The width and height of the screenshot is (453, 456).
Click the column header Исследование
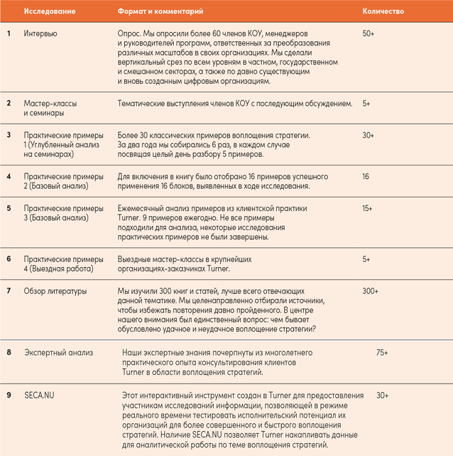click(47, 11)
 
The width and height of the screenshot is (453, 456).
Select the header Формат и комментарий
click(160, 11)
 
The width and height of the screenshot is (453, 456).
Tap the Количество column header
click(383, 11)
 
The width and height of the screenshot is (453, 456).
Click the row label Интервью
click(40, 33)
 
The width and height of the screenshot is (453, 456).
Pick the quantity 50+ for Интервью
click(369, 33)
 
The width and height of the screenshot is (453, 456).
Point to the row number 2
click(9, 104)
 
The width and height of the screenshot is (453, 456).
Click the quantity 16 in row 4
click(366, 175)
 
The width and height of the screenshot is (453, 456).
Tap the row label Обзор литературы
click(55, 291)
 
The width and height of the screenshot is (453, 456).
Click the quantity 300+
click(371, 291)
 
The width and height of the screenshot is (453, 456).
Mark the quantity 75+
click(381, 353)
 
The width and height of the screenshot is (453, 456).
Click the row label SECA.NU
click(39, 395)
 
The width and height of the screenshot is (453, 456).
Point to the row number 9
click(9, 395)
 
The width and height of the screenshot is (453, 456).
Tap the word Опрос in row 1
click(131, 33)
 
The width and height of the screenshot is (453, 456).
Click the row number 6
click(9, 259)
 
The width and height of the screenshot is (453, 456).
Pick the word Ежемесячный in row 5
click(144, 209)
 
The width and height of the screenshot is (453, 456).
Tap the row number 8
click(9, 353)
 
